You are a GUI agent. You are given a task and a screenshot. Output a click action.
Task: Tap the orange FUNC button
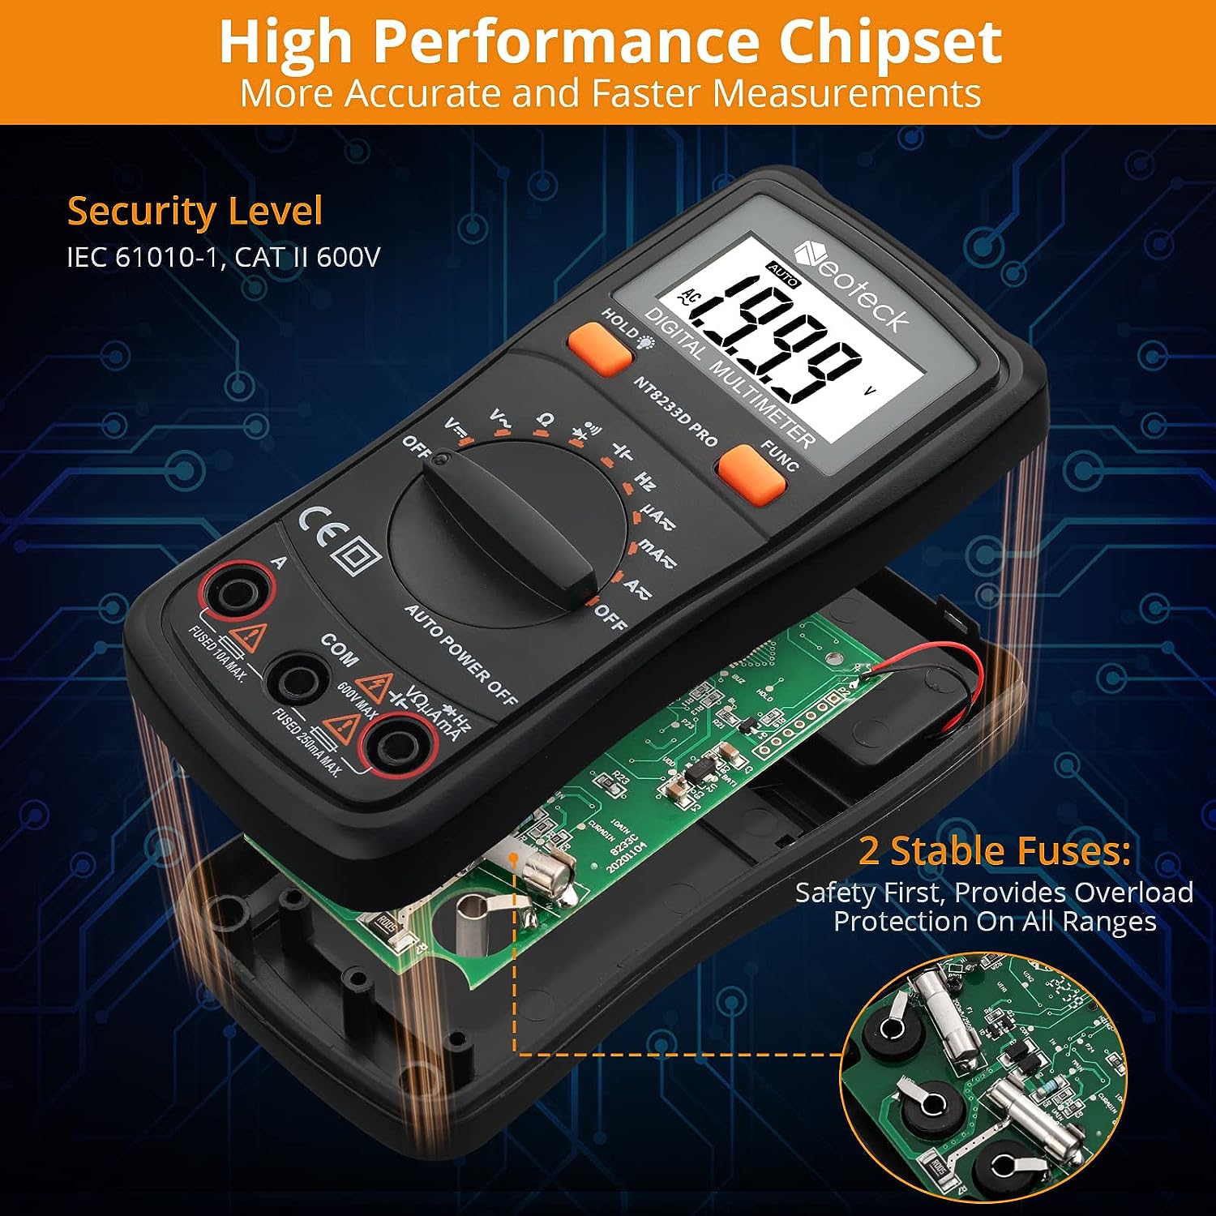pyautogui.click(x=751, y=474)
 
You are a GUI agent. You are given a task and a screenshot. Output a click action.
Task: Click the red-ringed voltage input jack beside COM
pyautogui.click(x=398, y=747)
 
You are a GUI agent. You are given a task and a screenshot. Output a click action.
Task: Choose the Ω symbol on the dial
pyautogui.click(x=546, y=420)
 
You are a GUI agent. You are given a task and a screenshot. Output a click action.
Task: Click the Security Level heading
pyautogui.click(x=195, y=211)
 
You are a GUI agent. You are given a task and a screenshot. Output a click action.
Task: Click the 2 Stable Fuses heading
pyautogui.click(x=995, y=850)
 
